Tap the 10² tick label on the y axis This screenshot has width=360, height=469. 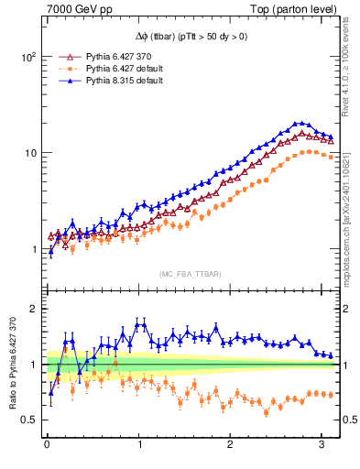pos(27,56)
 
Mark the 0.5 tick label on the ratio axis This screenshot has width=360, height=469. pos(27,420)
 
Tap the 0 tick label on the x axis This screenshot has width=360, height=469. pos(47,444)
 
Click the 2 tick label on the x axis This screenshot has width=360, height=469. pos(231,444)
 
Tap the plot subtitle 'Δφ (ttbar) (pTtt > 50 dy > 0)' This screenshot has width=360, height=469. pos(191,36)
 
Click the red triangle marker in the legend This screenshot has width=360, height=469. pos(65,56)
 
